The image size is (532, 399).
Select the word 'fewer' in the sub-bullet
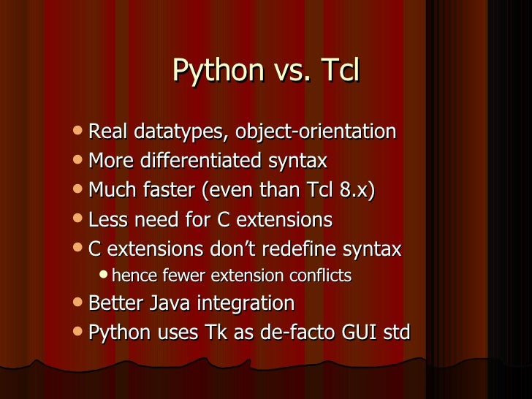[x=176, y=276]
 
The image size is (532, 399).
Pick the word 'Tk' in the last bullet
[x=210, y=333]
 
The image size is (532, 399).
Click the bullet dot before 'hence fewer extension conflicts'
[x=104, y=276]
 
